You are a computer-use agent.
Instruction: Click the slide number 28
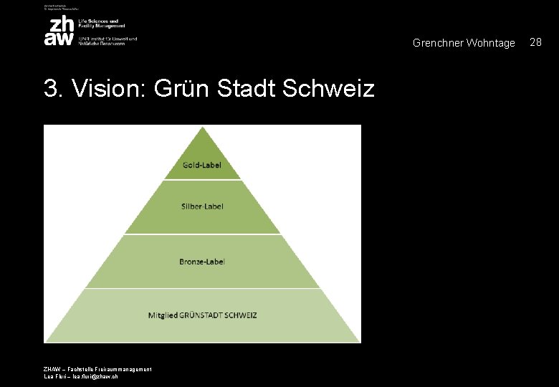535,43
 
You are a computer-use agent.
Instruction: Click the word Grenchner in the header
438,44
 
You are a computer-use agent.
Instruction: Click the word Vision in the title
106,89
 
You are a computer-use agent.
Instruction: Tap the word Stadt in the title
247,89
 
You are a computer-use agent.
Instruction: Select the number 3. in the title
53,89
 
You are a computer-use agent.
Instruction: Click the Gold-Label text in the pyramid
202,165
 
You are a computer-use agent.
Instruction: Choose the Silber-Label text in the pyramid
202,206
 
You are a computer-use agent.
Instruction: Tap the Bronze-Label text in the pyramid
202,262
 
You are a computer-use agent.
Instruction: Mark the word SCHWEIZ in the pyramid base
241,315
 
